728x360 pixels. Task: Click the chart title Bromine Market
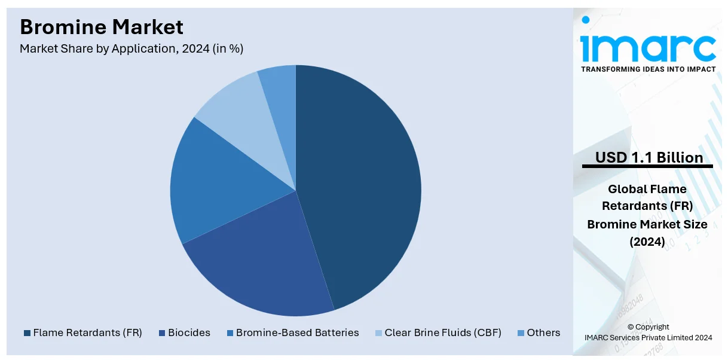click(102, 27)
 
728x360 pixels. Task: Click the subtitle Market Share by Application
click(131, 49)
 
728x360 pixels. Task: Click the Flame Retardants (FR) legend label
click(87, 332)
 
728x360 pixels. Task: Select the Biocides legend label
click(189, 332)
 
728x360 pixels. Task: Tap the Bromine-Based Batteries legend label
click(297, 332)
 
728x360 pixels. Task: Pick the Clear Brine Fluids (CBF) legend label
click(442, 332)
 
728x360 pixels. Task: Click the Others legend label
click(543, 332)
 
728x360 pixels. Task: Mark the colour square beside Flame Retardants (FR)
click(27, 333)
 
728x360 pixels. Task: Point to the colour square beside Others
click(521, 333)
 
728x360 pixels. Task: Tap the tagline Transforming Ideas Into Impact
click(648, 69)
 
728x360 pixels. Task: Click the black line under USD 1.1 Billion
click(647, 166)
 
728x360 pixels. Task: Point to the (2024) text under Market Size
click(647, 242)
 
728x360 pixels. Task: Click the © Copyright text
click(648, 327)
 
